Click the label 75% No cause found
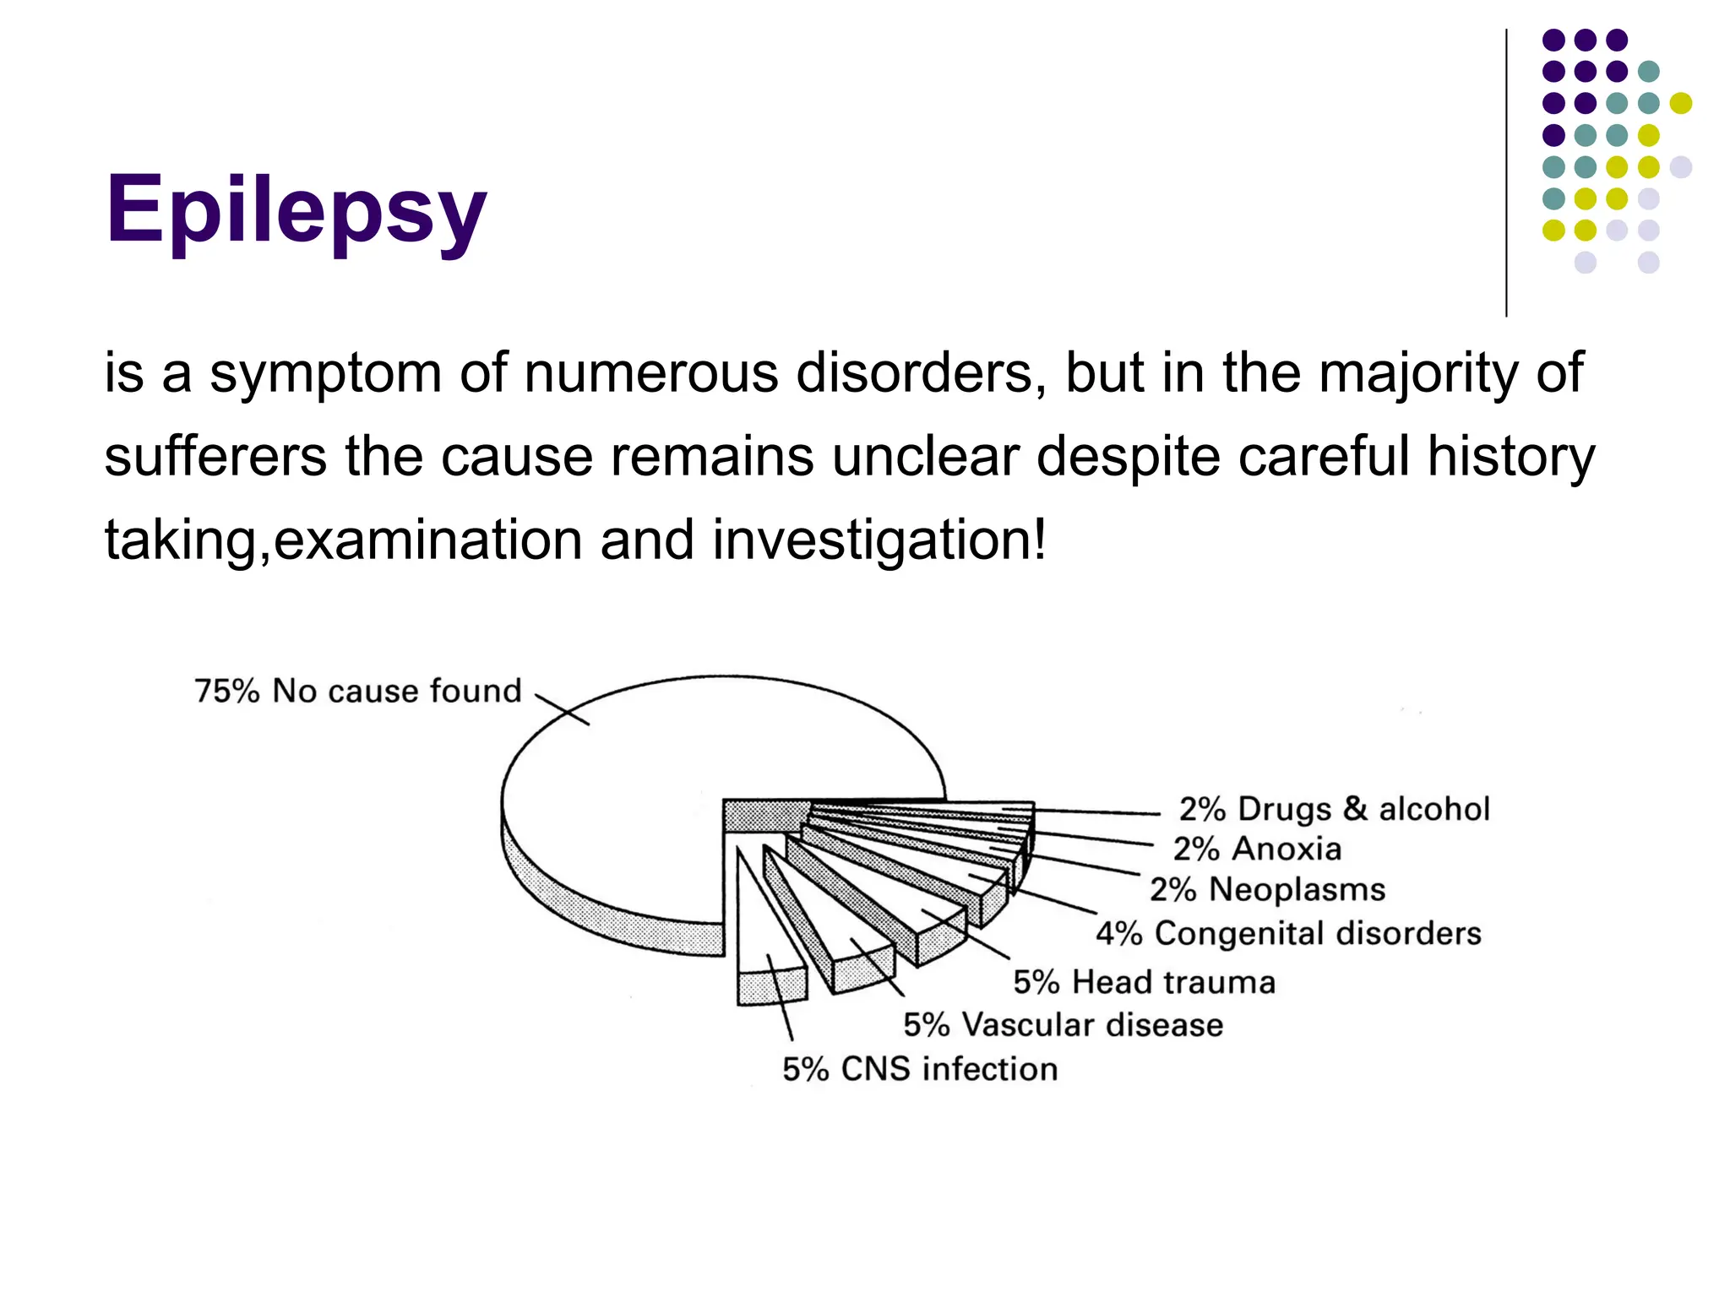tap(358, 691)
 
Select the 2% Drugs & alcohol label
tap(1334, 809)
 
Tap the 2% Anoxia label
tap(1257, 849)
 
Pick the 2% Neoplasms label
tap(1267, 889)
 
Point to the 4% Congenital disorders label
tap(1288, 933)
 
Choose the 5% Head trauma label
tap(1144, 982)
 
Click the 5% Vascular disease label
tap(1063, 1024)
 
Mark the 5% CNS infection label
tap(919, 1069)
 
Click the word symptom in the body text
tap(325, 373)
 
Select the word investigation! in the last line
tap(879, 540)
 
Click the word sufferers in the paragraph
tap(215, 457)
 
